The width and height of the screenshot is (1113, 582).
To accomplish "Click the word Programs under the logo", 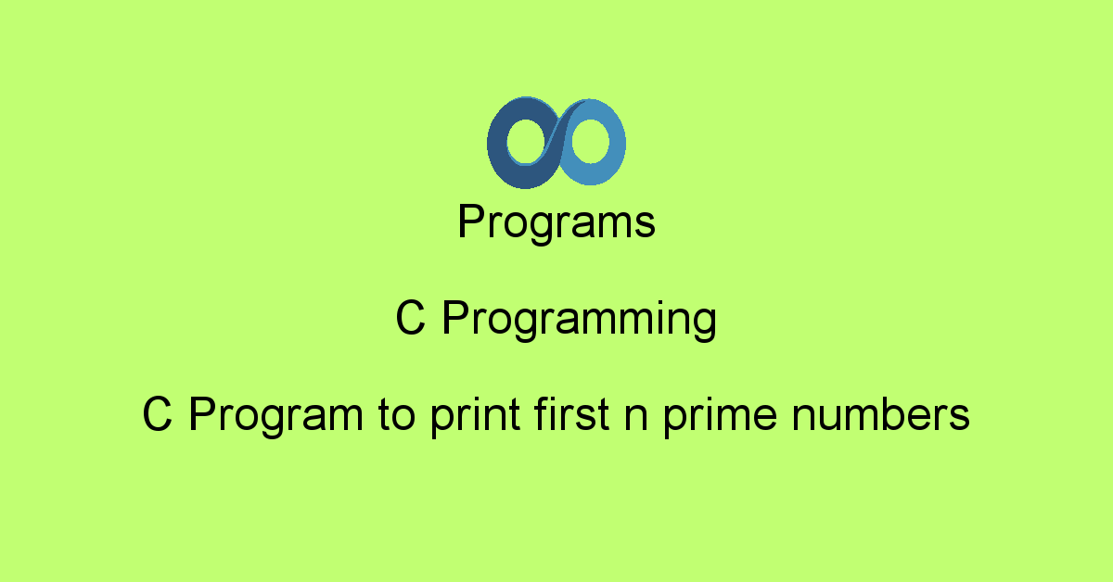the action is pyautogui.click(x=556, y=222).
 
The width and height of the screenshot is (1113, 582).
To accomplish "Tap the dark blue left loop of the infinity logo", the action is pyautogui.click(x=497, y=144).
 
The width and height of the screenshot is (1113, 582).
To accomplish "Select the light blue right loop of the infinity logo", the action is pyautogui.click(x=616, y=143).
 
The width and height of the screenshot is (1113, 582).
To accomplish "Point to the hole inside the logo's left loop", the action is pyautogui.click(x=526, y=141).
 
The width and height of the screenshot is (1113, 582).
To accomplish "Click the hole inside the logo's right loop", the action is pyautogui.click(x=590, y=141).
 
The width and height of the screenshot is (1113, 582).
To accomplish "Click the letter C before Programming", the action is pyautogui.click(x=410, y=318).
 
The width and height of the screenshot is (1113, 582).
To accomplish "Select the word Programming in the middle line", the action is pyautogui.click(x=580, y=321).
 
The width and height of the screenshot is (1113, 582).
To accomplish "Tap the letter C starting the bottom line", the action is pyautogui.click(x=157, y=414).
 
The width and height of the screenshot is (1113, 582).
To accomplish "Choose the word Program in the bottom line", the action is pyautogui.click(x=276, y=417).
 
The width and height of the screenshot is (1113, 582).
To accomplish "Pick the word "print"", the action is pyautogui.click(x=476, y=417).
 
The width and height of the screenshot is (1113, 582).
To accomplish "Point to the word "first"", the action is pyautogui.click(x=571, y=413).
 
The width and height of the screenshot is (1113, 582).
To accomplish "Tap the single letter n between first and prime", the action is pyautogui.click(x=636, y=418).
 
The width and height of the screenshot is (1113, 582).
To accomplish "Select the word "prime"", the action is pyautogui.click(x=721, y=417).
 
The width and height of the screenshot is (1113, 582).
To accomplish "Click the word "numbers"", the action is pyautogui.click(x=880, y=413).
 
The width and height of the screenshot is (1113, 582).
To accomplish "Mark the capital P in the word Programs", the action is pyautogui.click(x=471, y=221).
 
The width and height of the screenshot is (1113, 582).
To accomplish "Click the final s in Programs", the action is pyautogui.click(x=645, y=225).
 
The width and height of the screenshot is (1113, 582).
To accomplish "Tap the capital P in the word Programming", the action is pyautogui.click(x=456, y=318).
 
